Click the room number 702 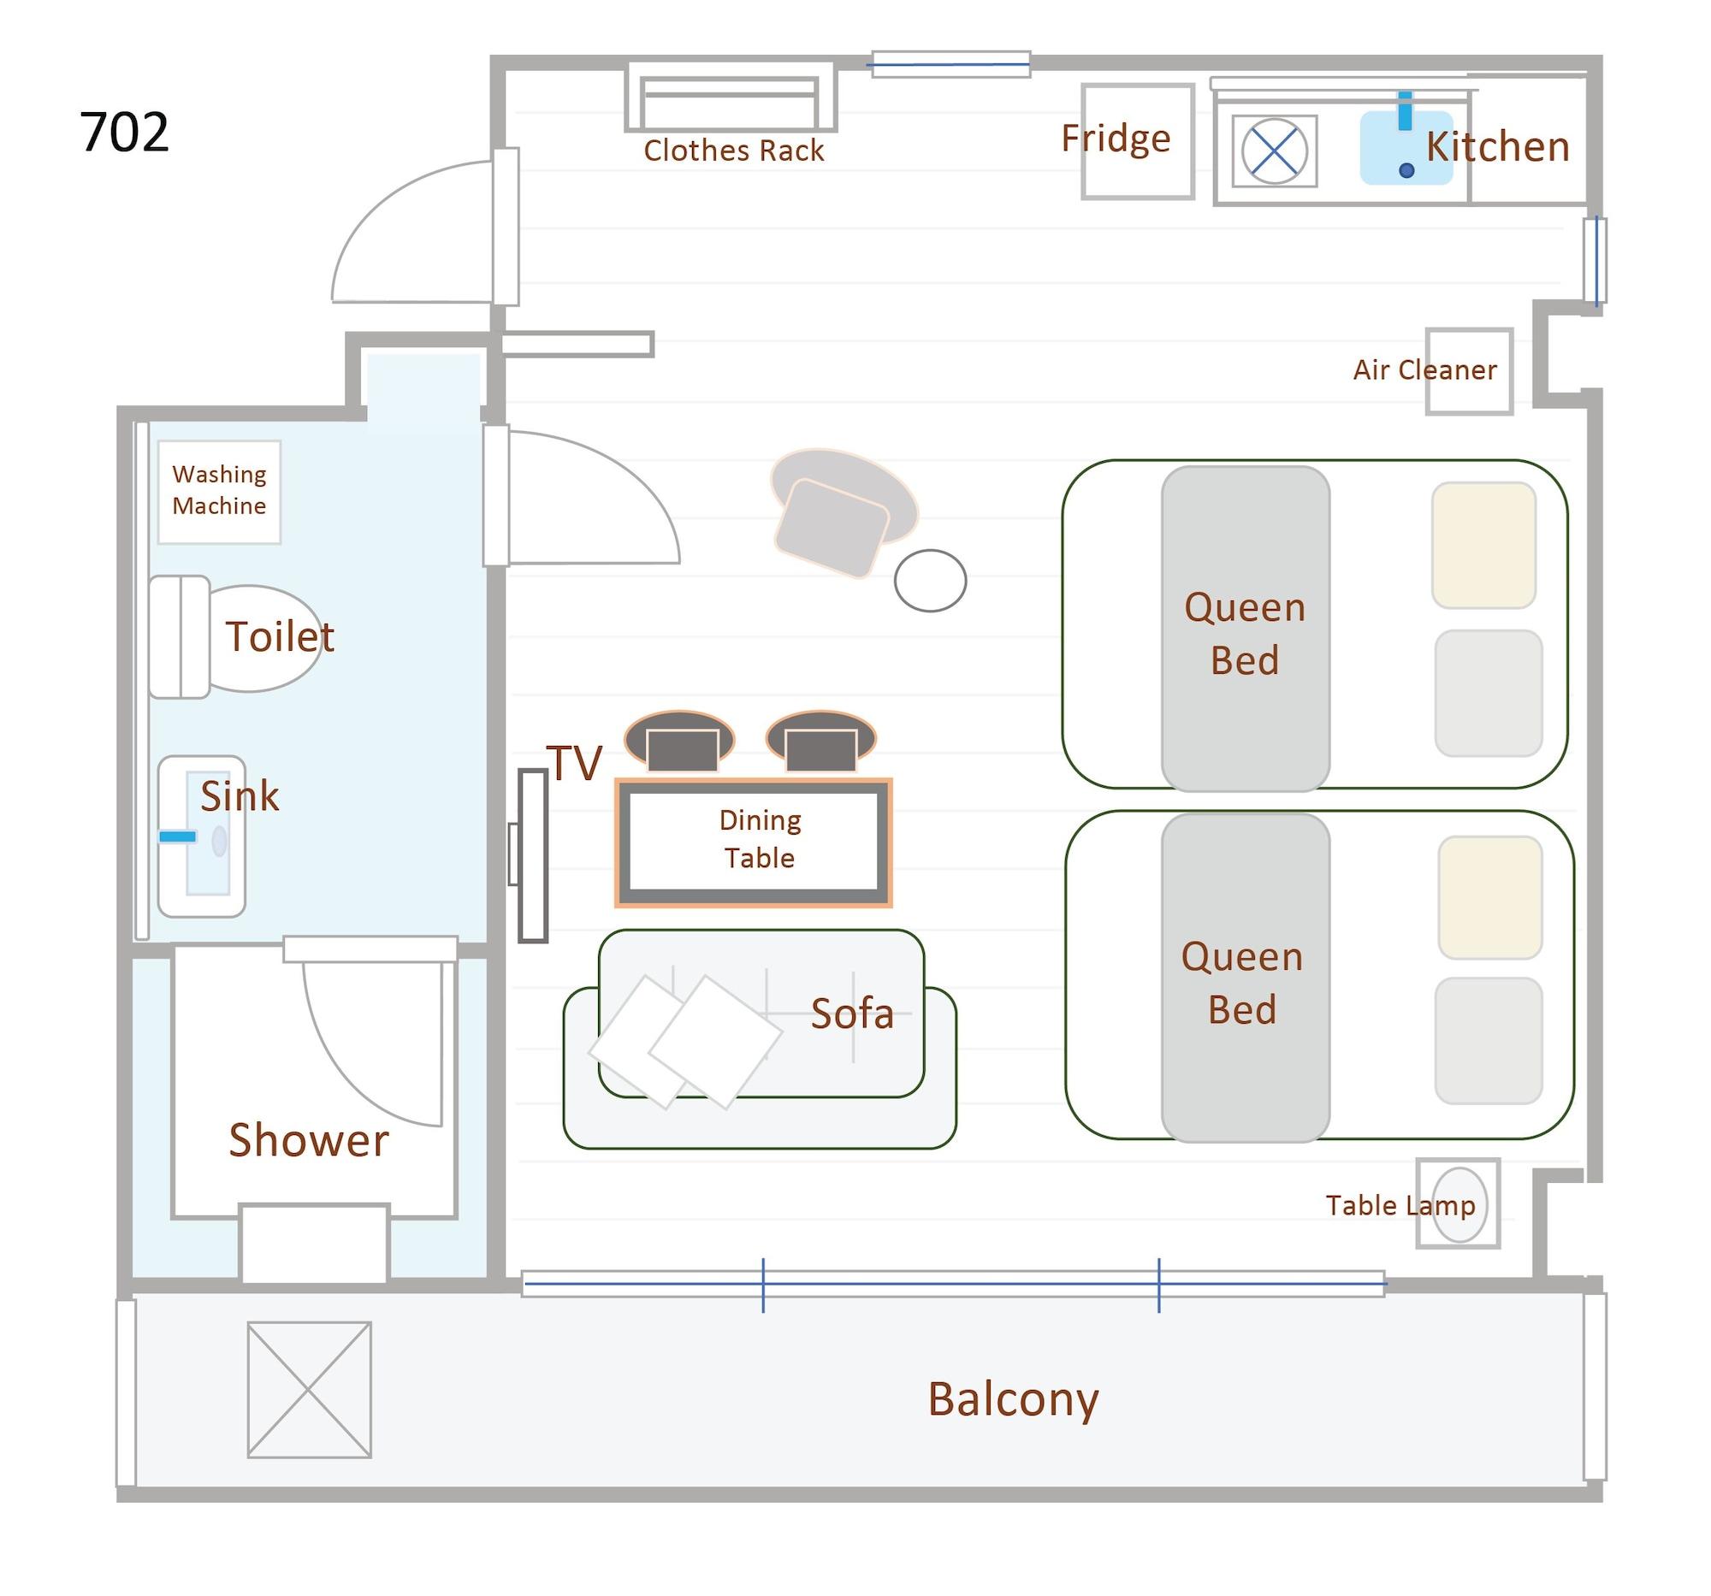tap(124, 133)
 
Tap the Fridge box tap(1137, 142)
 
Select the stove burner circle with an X tap(1274, 151)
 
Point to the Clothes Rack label tap(733, 151)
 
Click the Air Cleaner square tap(1468, 371)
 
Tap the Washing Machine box tap(219, 491)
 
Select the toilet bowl tap(263, 637)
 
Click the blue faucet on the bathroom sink tap(177, 836)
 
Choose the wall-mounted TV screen tap(533, 855)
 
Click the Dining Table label tap(759, 839)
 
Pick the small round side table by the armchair tap(930, 581)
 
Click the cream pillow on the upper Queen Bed tap(1483, 545)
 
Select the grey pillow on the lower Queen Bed tap(1488, 1040)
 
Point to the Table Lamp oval tap(1459, 1203)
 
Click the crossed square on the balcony tap(309, 1390)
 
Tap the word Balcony tap(1012, 1398)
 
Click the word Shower tap(308, 1140)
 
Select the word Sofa tap(851, 1014)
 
